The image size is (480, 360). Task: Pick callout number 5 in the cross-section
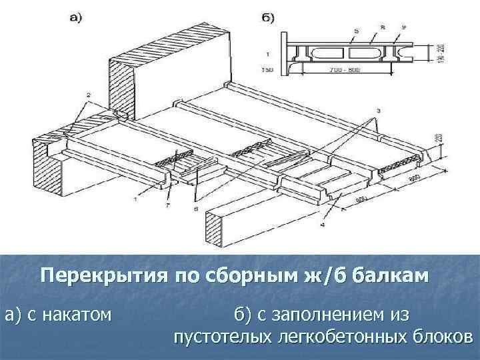(337, 30)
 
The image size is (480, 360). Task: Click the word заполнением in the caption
(331, 313)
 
